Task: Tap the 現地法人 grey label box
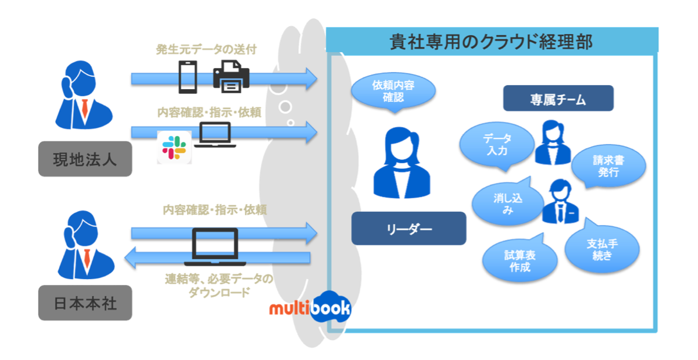pyautogui.click(x=85, y=158)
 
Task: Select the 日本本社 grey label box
pyautogui.click(x=85, y=303)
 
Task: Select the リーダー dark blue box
pyautogui.click(x=408, y=228)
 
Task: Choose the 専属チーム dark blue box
pyautogui.click(x=557, y=99)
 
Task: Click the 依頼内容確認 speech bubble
pyautogui.click(x=393, y=91)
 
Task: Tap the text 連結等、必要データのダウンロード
pyautogui.click(x=219, y=286)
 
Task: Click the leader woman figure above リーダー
pyautogui.click(x=401, y=162)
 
